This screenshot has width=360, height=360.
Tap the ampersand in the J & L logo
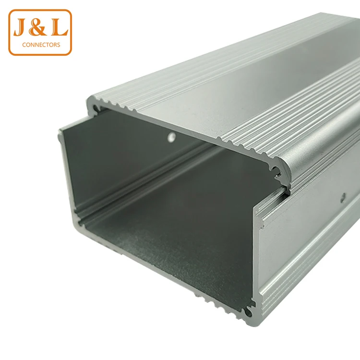[38, 27]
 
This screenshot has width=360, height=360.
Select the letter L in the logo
[59, 27]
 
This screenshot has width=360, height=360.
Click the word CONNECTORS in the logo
[41, 45]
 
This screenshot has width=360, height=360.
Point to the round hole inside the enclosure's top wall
[171, 137]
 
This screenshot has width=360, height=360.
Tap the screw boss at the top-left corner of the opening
[96, 108]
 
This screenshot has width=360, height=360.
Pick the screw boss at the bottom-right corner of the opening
[248, 312]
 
